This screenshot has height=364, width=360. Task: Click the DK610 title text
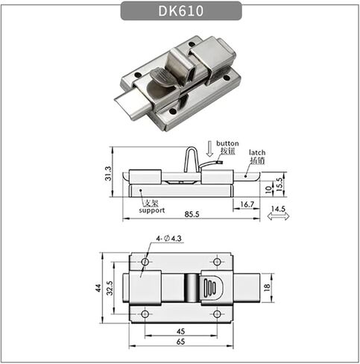181,11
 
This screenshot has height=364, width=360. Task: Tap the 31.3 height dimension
108,173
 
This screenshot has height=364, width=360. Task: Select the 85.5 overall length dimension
192,214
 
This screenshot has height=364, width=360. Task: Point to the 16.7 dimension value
247,204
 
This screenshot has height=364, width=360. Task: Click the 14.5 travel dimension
278,209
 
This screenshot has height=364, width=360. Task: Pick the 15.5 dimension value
280,184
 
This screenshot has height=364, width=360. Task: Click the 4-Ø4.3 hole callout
169,239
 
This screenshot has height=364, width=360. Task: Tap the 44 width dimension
98,288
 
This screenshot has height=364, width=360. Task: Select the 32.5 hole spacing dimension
110,288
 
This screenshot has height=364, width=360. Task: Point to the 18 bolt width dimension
267,287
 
